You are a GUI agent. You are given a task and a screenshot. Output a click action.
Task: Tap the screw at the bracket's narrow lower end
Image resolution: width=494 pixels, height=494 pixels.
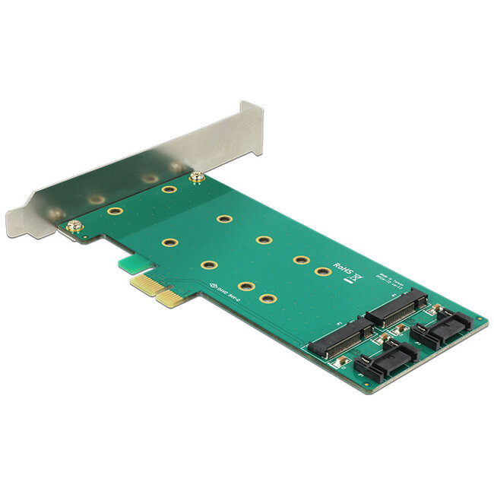pyautogui.click(x=74, y=226)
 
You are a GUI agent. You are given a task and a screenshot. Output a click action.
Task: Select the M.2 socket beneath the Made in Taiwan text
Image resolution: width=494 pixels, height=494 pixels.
pyautogui.click(x=397, y=306)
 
